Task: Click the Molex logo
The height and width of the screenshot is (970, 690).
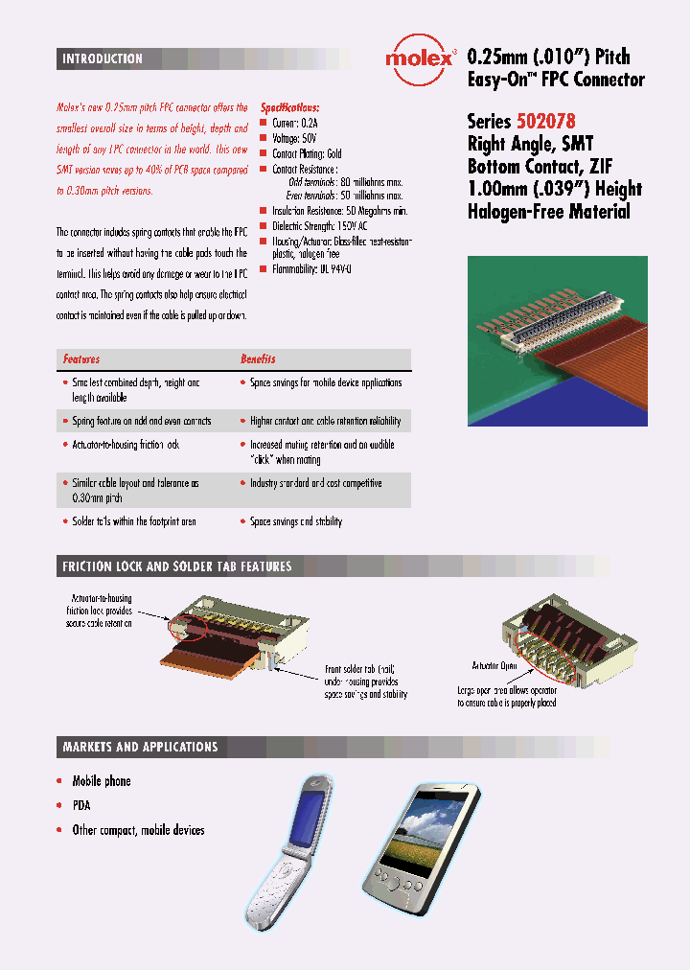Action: [419, 59]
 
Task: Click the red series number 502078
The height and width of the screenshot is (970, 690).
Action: [546, 122]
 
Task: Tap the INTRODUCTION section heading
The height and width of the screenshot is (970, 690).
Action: [103, 59]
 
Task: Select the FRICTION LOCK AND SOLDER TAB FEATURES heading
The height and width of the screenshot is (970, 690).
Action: [176, 566]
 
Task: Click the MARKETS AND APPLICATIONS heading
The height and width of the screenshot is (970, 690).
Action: [140, 747]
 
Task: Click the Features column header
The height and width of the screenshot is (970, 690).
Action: [81, 359]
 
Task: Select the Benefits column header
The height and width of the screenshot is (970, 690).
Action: [257, 359]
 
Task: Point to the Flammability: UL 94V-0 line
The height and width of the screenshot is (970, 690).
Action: [311, 269]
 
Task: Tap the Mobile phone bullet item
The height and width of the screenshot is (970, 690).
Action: [102, 781]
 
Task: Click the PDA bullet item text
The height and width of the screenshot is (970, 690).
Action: [81, 806]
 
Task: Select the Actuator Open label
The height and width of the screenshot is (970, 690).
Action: [494, 664]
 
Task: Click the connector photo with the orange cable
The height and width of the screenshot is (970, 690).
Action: [557, 340]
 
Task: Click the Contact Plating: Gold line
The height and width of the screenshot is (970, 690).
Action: [307, 153]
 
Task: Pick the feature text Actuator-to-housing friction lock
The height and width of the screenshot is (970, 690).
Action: [126, 445]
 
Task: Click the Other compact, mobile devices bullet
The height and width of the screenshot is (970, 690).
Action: [138, 830]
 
